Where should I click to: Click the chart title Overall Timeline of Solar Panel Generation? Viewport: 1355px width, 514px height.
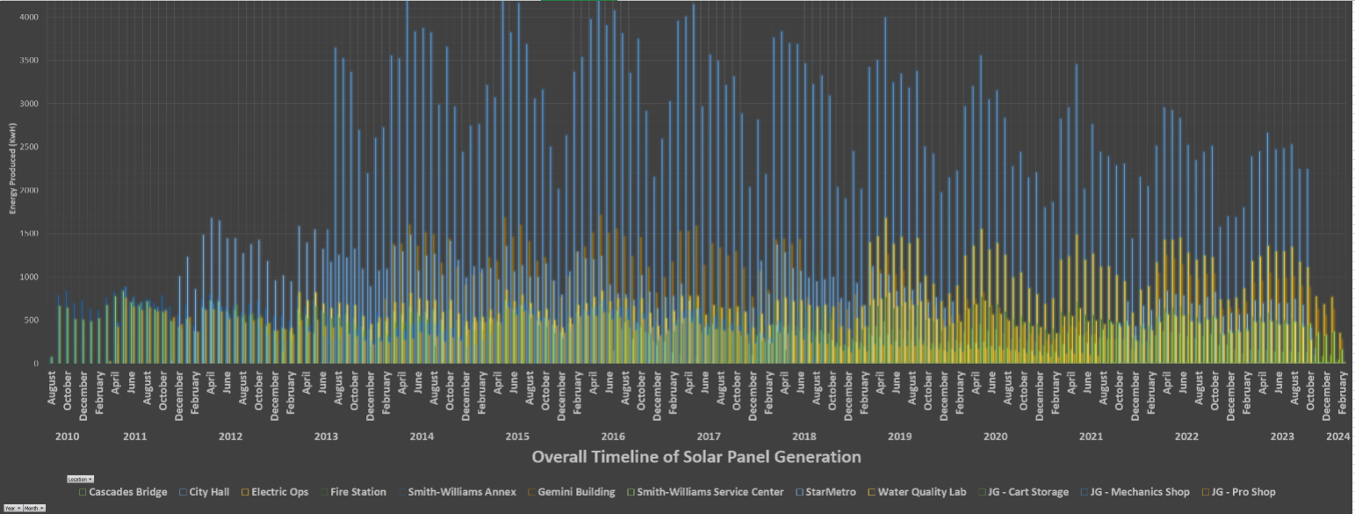pos(696,457)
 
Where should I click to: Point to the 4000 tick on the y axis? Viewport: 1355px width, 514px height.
pos(28,18)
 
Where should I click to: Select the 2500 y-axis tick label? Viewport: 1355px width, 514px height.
pos(28,147)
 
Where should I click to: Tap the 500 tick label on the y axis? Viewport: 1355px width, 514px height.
pos(31,320)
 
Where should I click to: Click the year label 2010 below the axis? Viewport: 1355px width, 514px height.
pos(68,437)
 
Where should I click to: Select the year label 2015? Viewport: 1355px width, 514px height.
pos(516,437)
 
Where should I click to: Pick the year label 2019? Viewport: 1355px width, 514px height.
pos(899,437)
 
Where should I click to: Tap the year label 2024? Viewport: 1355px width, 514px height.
pos(1338,437)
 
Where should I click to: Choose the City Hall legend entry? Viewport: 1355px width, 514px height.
pos(208,492)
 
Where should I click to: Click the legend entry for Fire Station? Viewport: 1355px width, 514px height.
pos(356,492)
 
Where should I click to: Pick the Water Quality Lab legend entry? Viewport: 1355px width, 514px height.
pos(921,492)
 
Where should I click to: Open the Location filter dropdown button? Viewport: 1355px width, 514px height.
pos(80,479)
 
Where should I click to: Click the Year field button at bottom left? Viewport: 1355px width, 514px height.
pos(11,509)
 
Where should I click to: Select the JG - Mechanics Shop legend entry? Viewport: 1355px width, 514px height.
pos(1139,492)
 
